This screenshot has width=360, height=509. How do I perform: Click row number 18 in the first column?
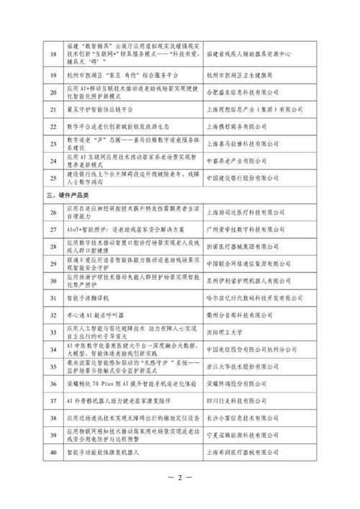coord(52,54)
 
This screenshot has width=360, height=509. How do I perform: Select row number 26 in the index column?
coord(52,212)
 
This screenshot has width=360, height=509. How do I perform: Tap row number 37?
coord(52,401)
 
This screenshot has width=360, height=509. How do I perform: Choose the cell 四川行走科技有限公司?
coord(237,401)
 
